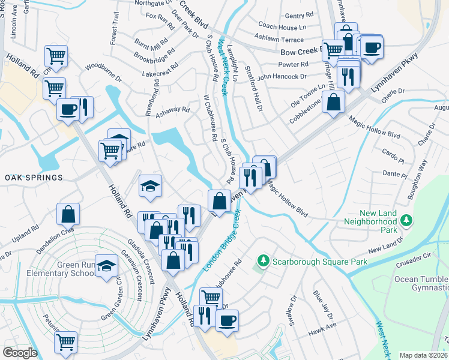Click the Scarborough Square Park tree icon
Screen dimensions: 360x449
point(262,260)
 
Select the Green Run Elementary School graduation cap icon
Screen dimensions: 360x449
point(106,266)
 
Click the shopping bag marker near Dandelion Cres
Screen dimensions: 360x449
point(69,213)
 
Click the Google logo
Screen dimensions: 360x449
point(19,353)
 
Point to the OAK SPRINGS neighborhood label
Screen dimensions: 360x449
point(34,178)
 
